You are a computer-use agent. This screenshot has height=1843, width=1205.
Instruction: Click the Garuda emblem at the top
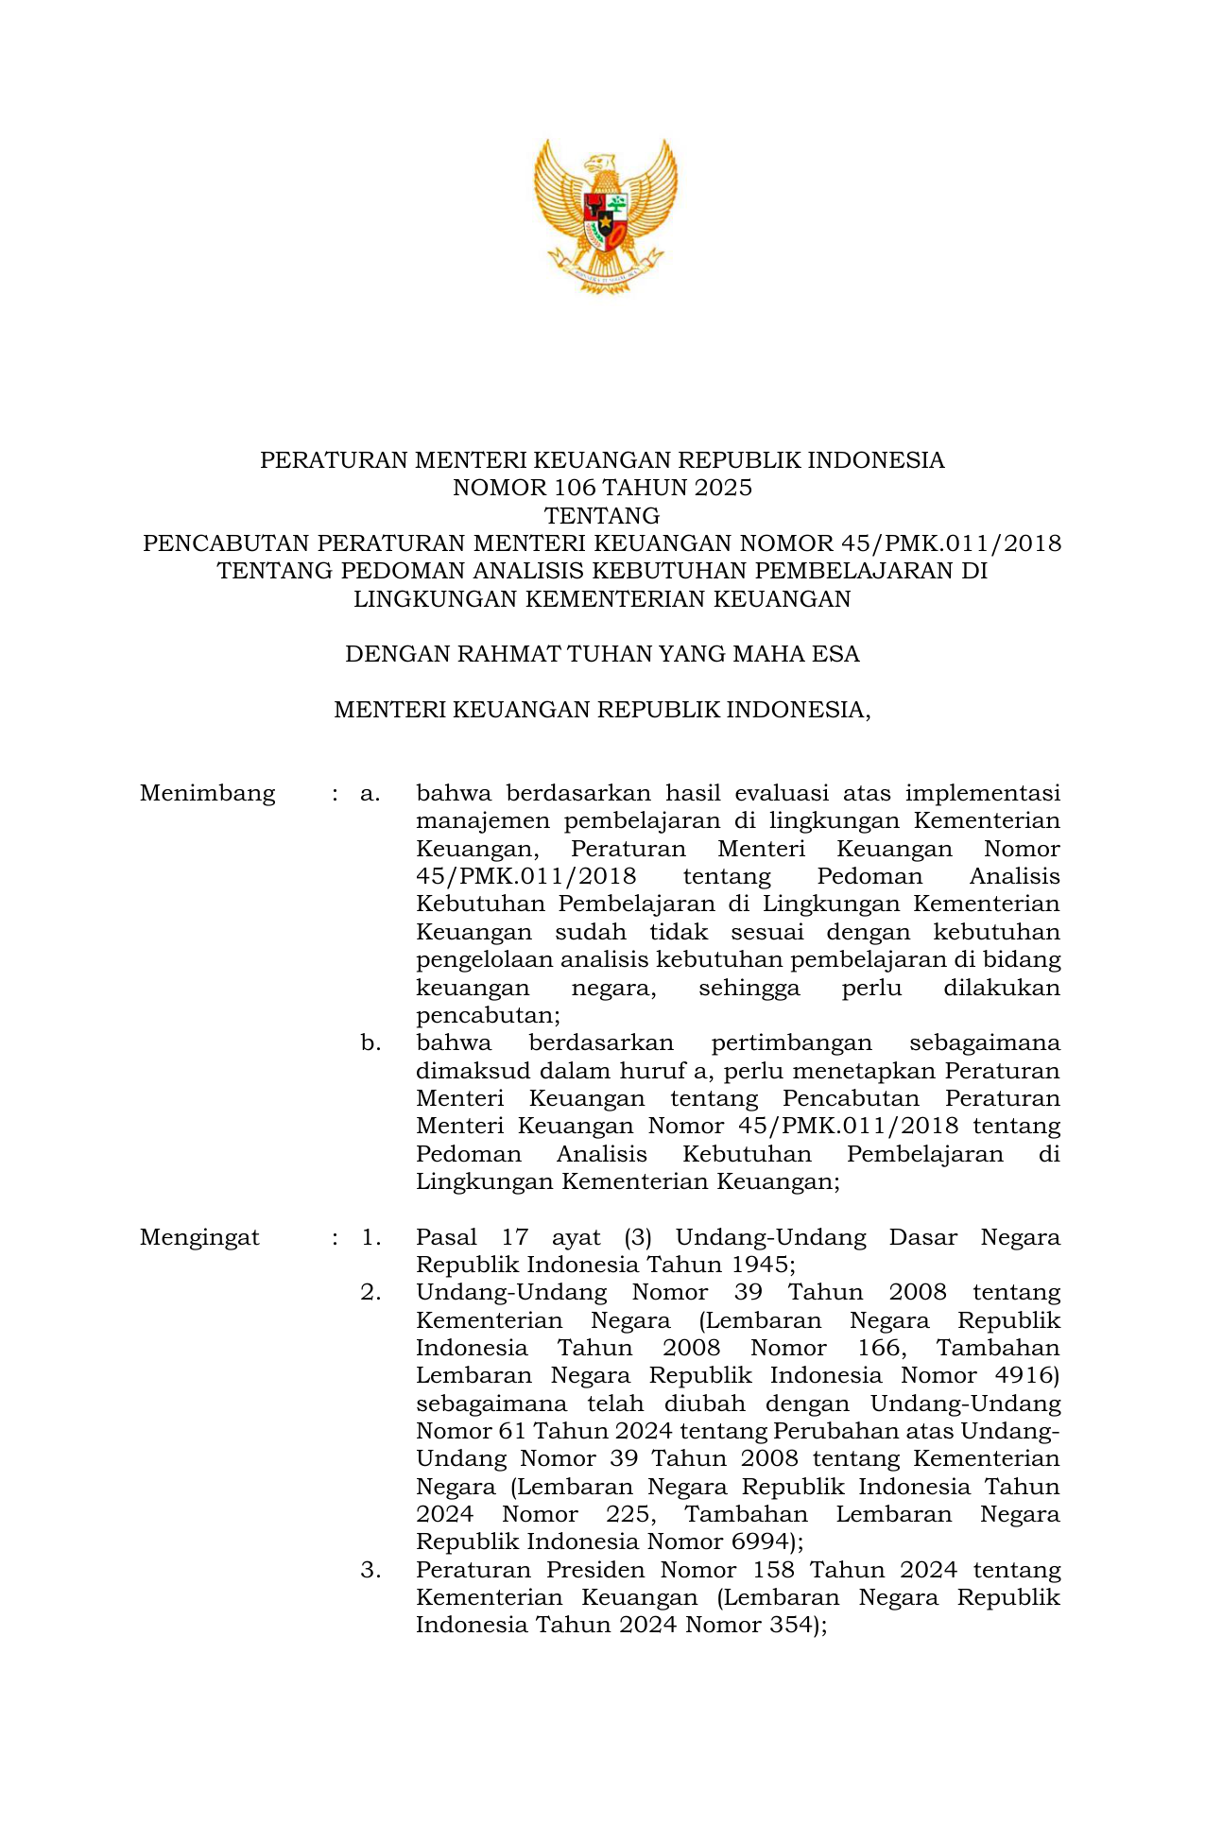[x=605, y=215]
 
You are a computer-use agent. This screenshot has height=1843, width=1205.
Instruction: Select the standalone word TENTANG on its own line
[x=602, y=516]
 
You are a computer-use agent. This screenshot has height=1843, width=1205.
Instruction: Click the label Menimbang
[x=207, y=793]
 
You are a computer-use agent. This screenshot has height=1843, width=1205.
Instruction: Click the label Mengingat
[x=199, y=1237]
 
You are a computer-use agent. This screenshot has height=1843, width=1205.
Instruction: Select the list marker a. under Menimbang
[x=370, y=793]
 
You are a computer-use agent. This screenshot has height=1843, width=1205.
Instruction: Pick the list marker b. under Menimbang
[x=370, y=1043]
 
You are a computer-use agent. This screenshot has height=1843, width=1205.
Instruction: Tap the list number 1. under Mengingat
[x=370, y=1237]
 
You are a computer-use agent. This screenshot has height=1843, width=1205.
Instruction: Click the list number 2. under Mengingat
[x=370, y=1293]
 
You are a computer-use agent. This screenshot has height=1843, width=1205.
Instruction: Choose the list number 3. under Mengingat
[x=370, y=1571]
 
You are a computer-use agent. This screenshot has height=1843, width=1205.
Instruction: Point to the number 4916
[x=1025, y=1376]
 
